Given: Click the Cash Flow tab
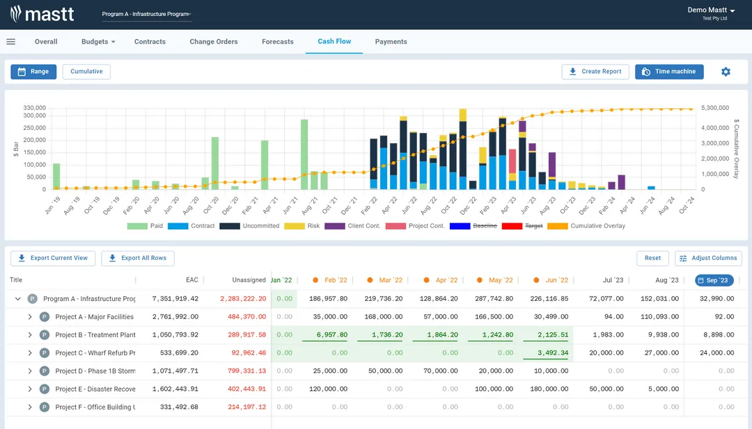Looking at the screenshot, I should (334, 42).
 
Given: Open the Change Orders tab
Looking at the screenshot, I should (214, 42).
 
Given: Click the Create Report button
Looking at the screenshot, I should (595, 72).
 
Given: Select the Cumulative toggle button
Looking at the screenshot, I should (86, 72).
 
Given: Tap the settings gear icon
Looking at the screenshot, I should (726, 72).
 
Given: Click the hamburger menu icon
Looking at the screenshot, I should (11, 42).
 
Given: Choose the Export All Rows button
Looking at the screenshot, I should (138, 258).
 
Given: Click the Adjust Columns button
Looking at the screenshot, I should (708, 258).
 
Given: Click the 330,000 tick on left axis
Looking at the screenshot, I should (34, 108).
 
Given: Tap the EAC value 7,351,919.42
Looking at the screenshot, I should (175, 299).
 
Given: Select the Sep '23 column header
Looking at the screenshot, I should (714, 280).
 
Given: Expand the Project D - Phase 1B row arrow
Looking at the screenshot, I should (30, 371).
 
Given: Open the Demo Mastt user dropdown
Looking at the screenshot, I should (711, 10).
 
